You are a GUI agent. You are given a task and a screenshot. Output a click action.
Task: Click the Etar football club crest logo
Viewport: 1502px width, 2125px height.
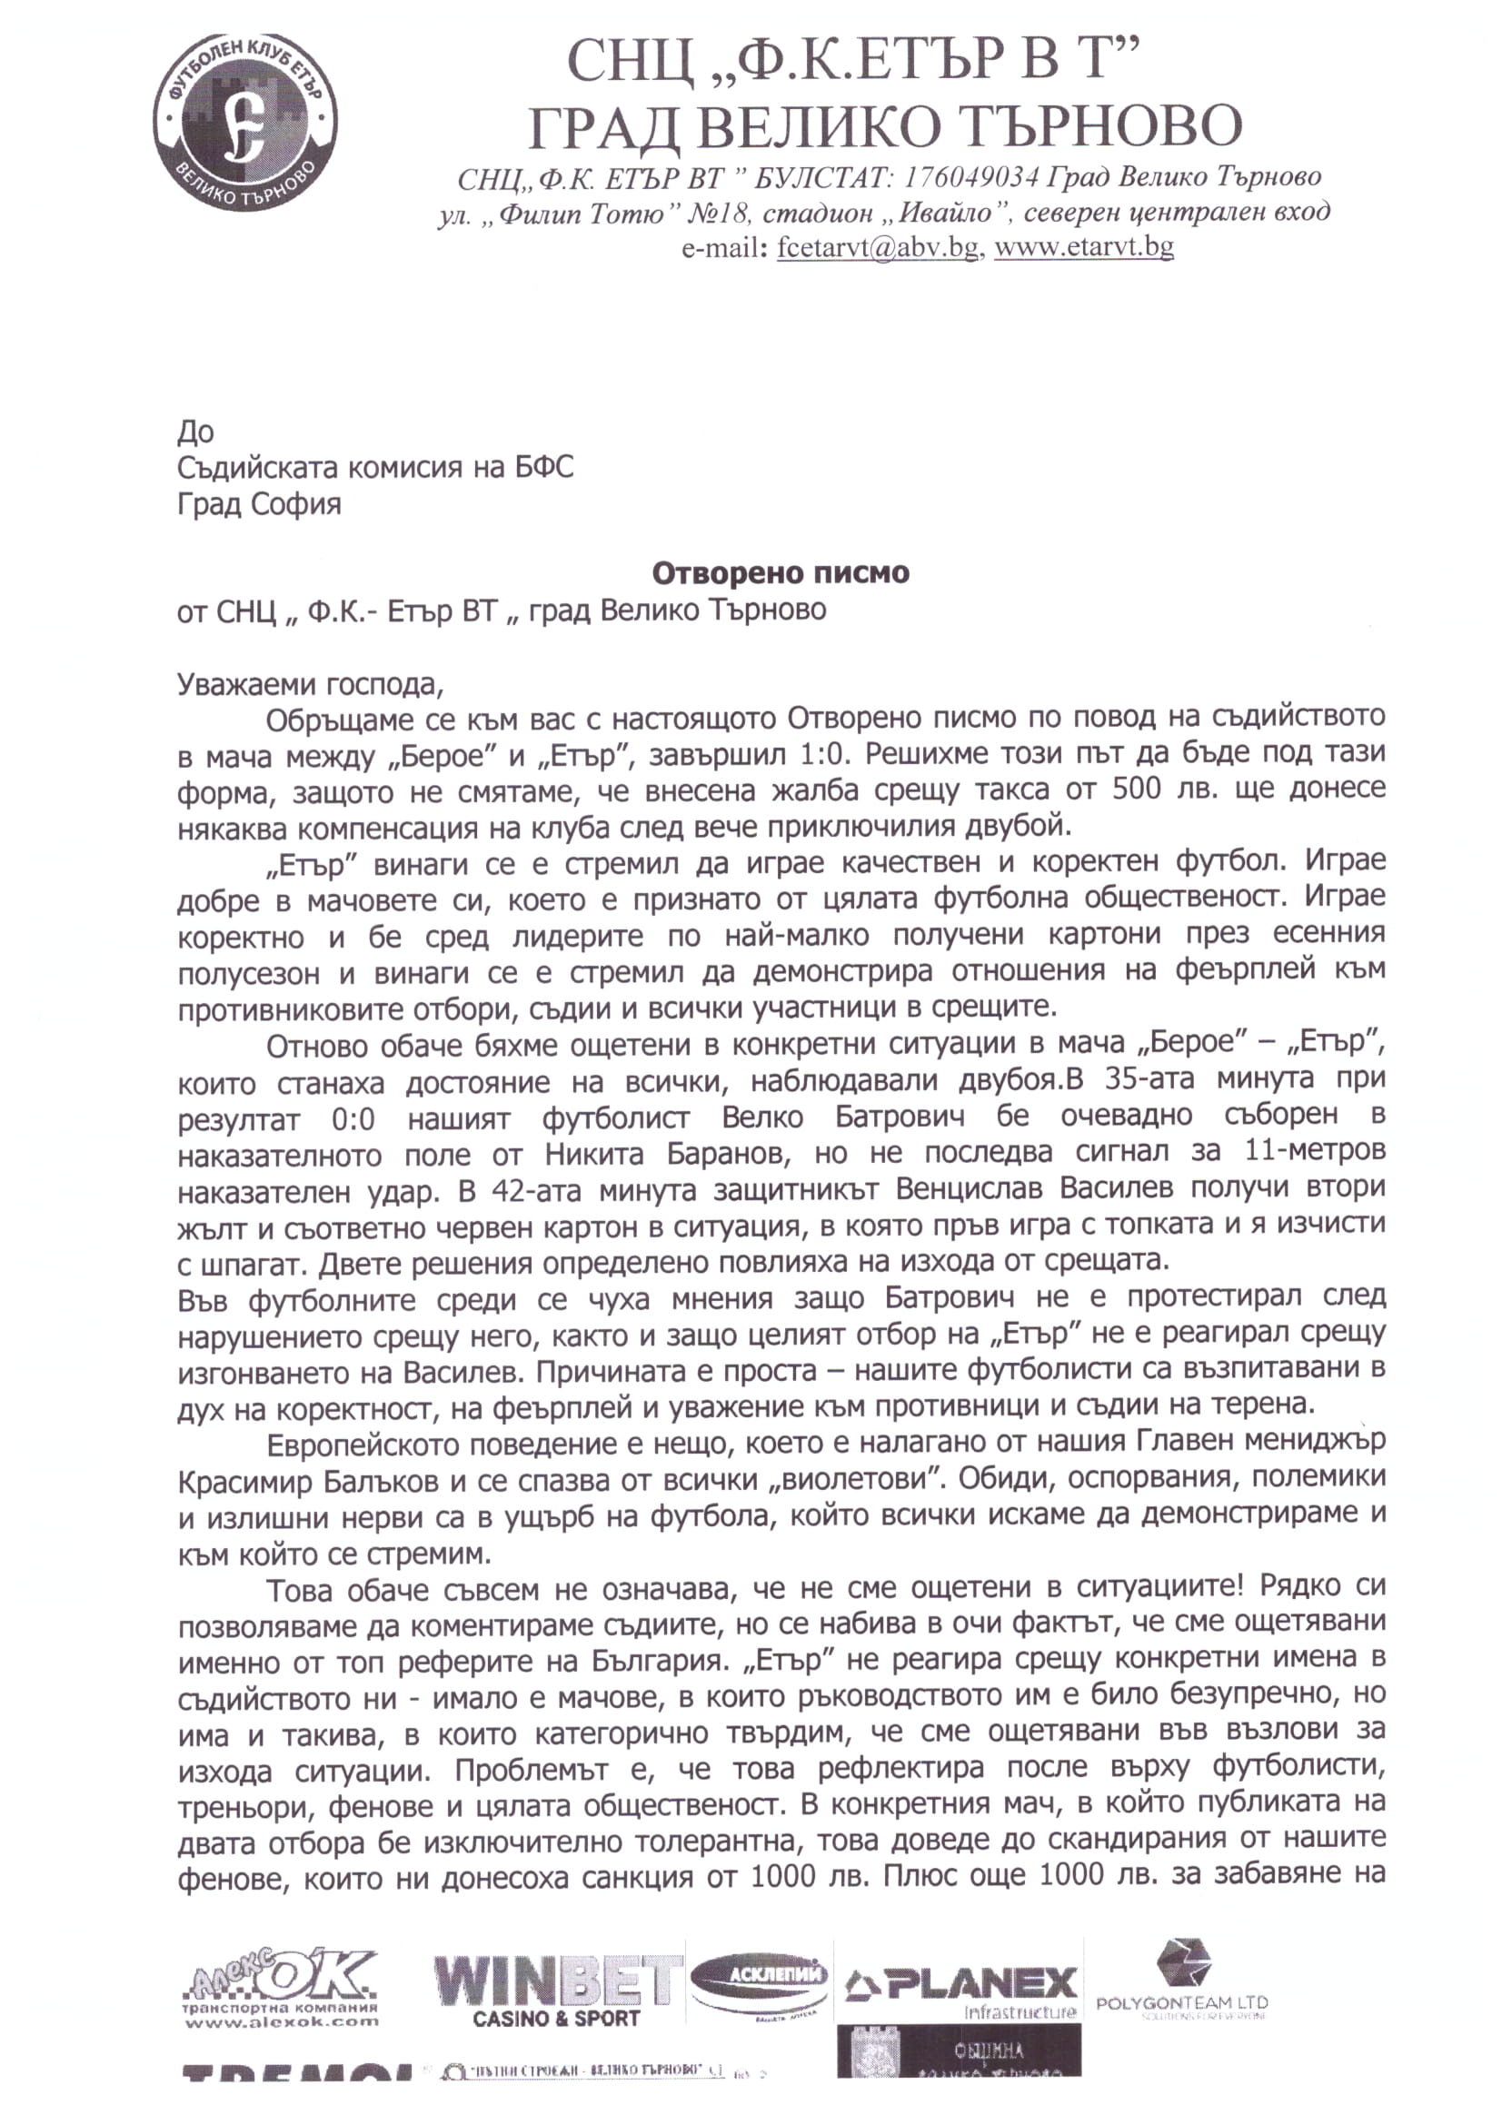[244, 121]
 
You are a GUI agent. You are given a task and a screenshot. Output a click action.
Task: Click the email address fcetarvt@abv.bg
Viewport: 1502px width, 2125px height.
[877, 247]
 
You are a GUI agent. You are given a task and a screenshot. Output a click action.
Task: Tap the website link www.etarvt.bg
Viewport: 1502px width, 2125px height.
[1084, 247]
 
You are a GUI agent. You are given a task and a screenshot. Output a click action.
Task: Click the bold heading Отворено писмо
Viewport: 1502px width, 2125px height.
[781, 573]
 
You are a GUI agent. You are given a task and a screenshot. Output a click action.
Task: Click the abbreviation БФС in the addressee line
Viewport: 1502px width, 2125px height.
[543, 466]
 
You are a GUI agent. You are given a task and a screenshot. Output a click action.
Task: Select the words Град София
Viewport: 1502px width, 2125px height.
[259, 504]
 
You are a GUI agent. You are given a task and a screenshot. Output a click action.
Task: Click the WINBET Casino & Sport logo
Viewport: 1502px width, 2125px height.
[558, 1991]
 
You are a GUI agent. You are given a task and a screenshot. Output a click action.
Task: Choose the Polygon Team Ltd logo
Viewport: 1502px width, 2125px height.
[1182, 1983]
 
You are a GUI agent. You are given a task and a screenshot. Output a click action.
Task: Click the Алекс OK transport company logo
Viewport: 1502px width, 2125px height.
[282, 1990]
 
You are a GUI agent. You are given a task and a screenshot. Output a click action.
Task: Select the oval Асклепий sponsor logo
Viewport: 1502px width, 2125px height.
[759, 1982]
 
